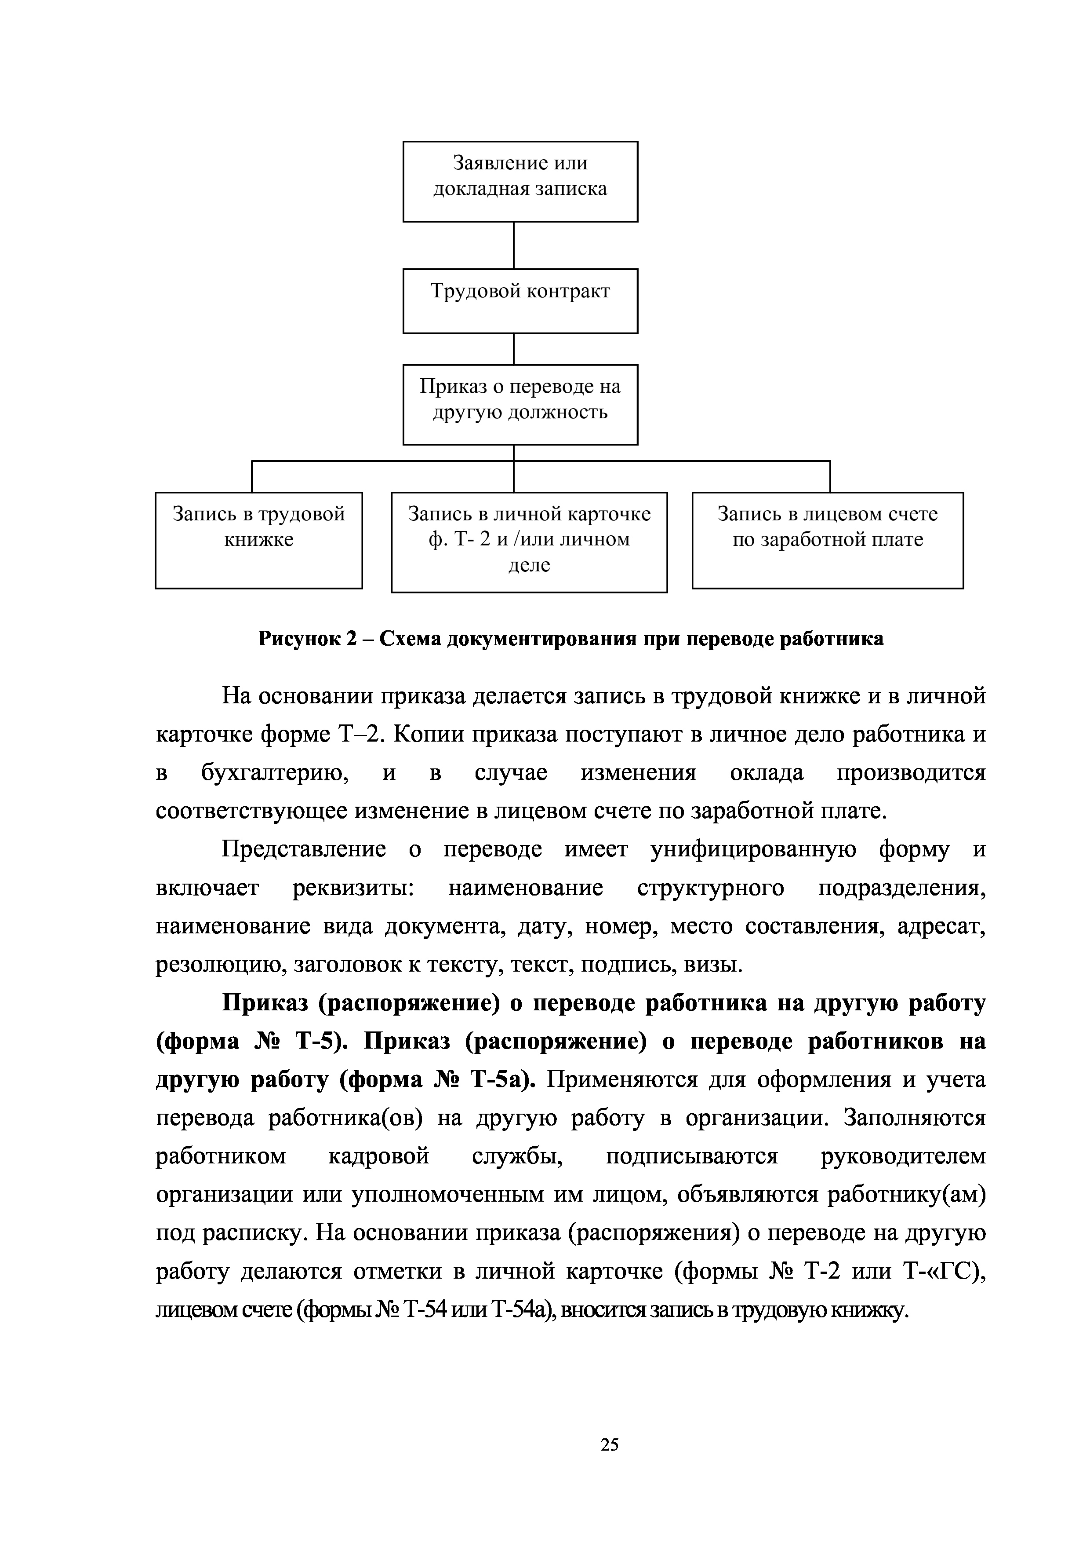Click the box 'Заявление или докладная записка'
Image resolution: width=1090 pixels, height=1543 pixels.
tap(520, 182)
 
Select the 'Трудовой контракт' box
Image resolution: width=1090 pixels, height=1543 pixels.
tap(520, 300)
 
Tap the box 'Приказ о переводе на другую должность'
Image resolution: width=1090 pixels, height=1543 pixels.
tap(520, 405)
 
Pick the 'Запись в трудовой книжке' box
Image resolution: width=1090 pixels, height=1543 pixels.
tap(258, 540)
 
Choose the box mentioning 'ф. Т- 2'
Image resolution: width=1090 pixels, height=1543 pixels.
tap(529, 541)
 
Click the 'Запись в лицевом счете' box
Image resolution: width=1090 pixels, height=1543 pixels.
tap(828, 540)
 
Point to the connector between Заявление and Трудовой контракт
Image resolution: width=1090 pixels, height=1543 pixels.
tap(514, 245)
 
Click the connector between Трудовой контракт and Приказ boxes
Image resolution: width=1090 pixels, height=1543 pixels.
tap(514, 349)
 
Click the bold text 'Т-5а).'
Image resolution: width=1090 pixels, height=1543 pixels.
tap(503, 1080)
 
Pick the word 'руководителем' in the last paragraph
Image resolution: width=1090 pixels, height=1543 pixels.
tap(903, 1156)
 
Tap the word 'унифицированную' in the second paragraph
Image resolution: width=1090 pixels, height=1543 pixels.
tap(753, 849)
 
